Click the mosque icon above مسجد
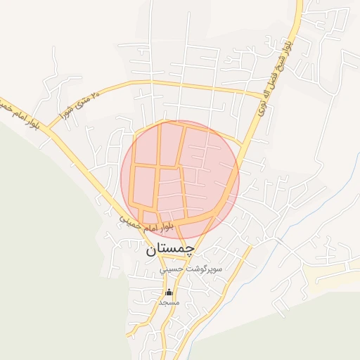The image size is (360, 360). click(x=168, y=292)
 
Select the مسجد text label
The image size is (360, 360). click(x=169, y=302)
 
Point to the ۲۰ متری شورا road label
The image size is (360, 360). click(x=76, y=105)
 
